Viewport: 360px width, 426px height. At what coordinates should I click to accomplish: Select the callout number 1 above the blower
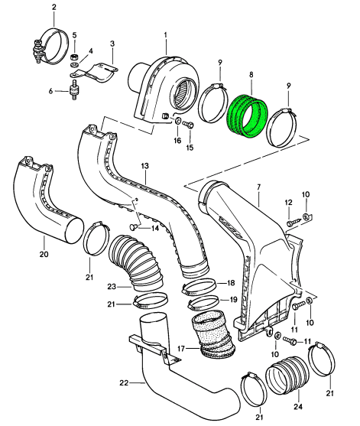coord(165,34)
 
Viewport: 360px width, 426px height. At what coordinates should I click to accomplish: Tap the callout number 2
coord(54,7)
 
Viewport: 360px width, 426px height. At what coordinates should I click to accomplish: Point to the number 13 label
coord(145,166)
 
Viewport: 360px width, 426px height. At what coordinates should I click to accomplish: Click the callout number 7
coord(258,187)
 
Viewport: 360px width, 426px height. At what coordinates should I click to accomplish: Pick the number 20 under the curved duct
coord(44,254)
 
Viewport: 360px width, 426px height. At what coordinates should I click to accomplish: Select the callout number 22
coord(124,383)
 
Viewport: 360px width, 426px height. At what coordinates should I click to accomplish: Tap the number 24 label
coord(297,407)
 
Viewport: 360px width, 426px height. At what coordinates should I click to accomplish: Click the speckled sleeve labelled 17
coord(213,336)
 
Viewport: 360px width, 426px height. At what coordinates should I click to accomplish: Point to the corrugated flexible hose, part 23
coord(136,261)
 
